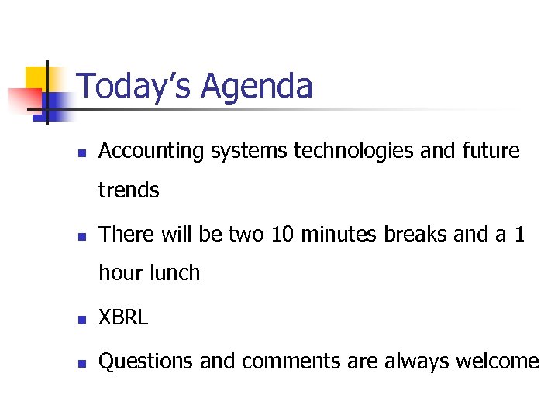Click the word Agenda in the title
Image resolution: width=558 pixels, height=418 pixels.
(257, 87)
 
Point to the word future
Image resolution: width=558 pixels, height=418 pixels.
(489, 151)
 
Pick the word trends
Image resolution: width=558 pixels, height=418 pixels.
(129, 190)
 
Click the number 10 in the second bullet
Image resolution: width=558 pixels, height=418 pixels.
(283, 234)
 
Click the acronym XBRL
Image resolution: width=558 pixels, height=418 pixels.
(123, 318)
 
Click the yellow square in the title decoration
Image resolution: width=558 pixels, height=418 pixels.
(37, 78)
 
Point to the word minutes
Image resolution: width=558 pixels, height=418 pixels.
(339, 234)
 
